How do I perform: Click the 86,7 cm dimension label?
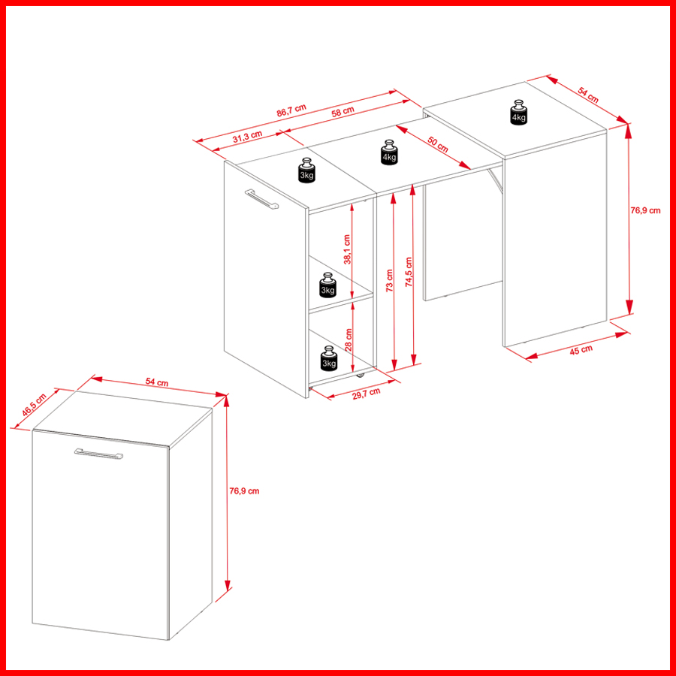pyautogui.click(x=291, y=110)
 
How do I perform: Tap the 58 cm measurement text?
pyautogui.click(x=343, y=112)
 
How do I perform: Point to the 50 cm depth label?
pyautogui.click(x=439, y=144)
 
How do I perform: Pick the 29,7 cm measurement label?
pyautogui.click(x=367, y=393)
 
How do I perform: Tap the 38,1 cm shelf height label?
pyautogui.click(x=347, y=249)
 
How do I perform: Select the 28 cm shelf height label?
pyautogui.click(x=349, y=340)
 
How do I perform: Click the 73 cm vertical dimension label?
pyautogui.click(x=389, y=281)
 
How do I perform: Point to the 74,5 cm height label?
pyautogui.click(x=409, y=272)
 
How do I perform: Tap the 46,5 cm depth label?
pyautogui.click(x=34, y=405)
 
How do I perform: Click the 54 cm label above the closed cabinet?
pyautogui.click(x=157, y=382)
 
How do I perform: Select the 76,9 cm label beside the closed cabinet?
pyautogui.click(x=244, y=490)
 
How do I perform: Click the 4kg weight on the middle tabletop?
pyautogui.click(x=389, y=152)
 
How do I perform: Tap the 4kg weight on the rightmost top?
pyautogui.click(x=518, y=113)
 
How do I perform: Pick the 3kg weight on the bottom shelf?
pyautogui.click(x=328, y=358)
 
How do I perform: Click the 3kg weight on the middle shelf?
pyautogui.click(x=327, y=285)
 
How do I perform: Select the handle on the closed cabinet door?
pyautogui.click(x=98, y=454)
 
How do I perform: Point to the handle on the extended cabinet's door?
pyautogui.click(x=262, y=200)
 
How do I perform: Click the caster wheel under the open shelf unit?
pyautogui.click(x=360, y=376)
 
